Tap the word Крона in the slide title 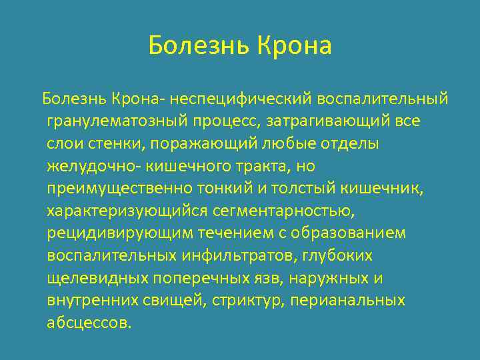[293, 47]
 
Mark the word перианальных [347, 301]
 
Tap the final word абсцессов [89, 323]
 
